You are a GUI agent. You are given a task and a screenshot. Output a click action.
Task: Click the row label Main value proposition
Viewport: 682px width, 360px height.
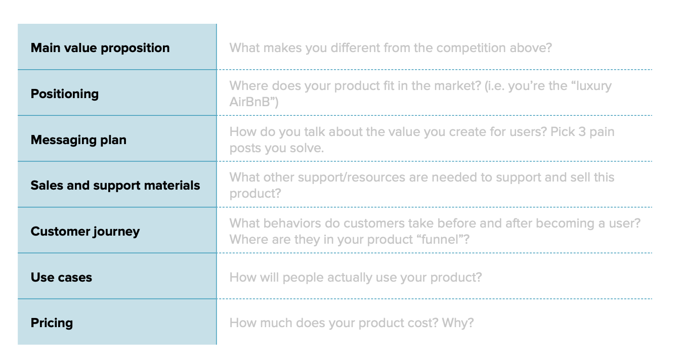point(100,48)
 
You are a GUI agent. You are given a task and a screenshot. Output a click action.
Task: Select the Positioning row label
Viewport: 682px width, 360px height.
point(65,94)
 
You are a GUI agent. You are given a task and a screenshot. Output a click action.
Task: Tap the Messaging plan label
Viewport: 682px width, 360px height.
point(78,140)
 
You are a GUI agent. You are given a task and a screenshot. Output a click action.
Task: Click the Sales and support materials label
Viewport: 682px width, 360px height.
point(115,186)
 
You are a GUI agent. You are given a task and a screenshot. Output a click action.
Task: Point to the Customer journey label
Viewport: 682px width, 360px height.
point(85,232)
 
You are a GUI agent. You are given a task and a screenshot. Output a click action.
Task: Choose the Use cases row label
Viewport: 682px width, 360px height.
point(61,278)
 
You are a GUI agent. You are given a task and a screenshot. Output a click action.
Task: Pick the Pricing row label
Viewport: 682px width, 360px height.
point(52,323)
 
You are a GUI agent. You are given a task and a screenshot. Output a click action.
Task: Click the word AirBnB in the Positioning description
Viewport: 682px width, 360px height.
point(251,103)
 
